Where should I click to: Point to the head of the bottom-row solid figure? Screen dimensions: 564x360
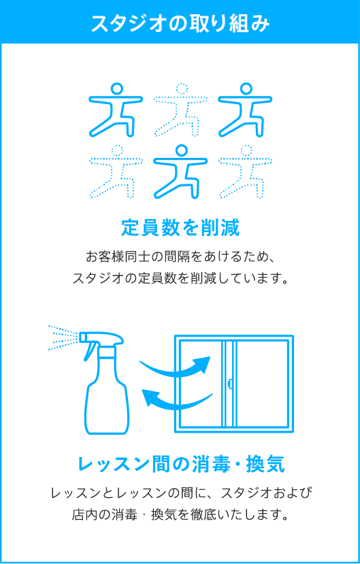coord(181,150)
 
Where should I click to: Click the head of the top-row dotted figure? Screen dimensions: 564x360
coord(181,88)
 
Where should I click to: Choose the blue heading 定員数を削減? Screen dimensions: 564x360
coord(180,227)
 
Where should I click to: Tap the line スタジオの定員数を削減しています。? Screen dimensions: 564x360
coord(180,278)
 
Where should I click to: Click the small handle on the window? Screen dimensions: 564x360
coord(230,384)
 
